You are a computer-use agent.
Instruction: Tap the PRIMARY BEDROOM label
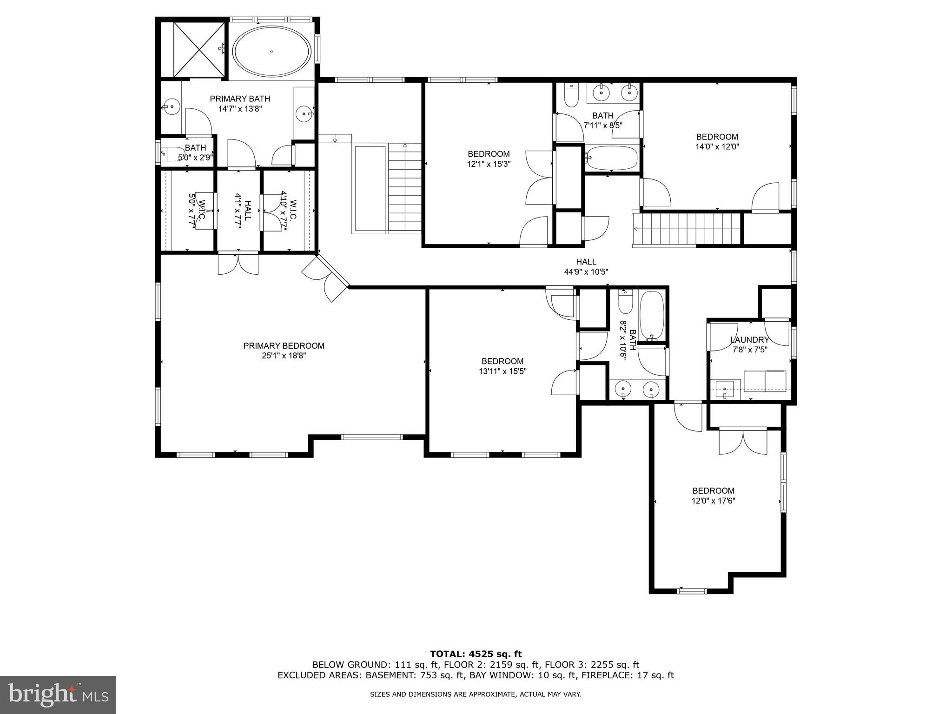tap(284, 346)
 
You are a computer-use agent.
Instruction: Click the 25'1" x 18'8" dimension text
tap(284, 356)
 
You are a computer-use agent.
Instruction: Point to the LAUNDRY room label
tap(749, 340)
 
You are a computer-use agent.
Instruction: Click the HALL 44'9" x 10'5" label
tap(586, 267)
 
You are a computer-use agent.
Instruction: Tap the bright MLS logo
tap(58, 694)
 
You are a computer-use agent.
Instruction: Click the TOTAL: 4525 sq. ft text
tap(476, 654)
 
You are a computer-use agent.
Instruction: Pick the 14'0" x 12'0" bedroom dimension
tap(717, 146)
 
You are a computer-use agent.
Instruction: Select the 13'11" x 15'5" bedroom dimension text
tap(502, 371)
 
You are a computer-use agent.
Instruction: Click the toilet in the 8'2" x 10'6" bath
tap(626, 303)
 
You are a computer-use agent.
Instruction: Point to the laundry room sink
tap(724, 389)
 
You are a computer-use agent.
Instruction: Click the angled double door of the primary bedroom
tap(325, 279)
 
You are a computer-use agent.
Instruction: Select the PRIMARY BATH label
tap(239, 99)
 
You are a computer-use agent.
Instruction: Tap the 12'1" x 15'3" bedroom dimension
tap(489, 164)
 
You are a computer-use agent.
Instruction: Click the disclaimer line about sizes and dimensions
tap(476, 694)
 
